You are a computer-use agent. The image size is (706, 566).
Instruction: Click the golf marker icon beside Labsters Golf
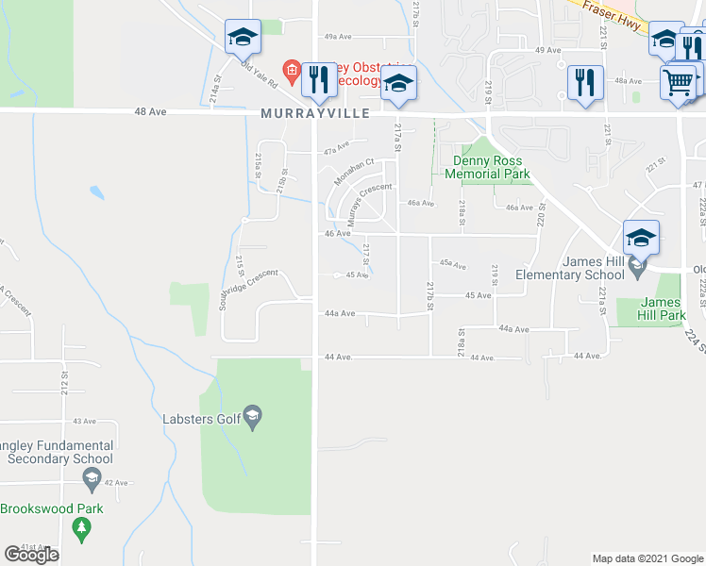(x=252, y=415)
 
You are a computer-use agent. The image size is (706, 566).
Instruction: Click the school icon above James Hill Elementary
(x=641, y=239)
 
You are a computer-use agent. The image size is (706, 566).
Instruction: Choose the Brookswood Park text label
(x=51, y=508)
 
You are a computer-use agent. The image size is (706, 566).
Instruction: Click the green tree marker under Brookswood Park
(x=80, y=530)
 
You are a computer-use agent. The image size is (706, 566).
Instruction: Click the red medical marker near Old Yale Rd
(x=293, y=70)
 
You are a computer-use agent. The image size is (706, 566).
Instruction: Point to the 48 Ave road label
(x=150, y=111)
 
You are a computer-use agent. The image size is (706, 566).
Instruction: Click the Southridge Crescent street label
(x=247, y=289)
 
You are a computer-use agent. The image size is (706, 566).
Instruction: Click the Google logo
(x=31, y=555)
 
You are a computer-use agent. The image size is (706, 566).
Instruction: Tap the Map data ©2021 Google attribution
(x=647, y=558)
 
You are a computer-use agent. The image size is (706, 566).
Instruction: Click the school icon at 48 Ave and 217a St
(x=398, y=83)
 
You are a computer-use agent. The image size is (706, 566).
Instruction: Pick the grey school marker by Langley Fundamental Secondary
(x=91, y=479)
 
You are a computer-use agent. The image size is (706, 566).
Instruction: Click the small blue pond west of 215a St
(x=96, y=193)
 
